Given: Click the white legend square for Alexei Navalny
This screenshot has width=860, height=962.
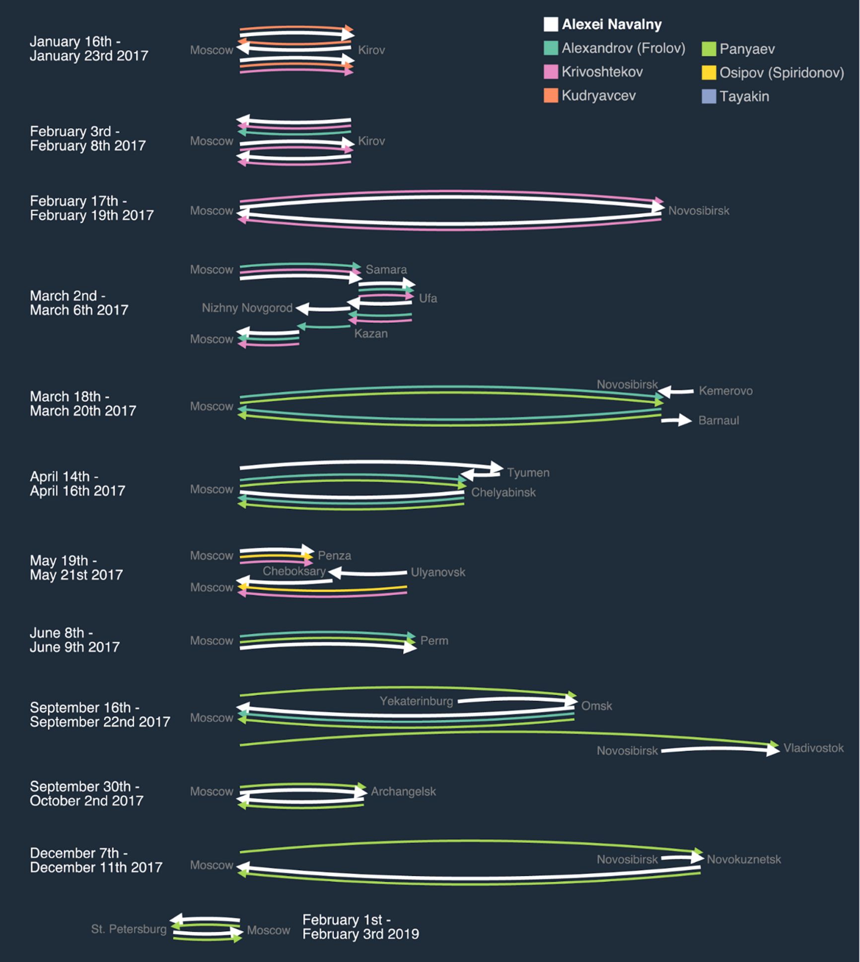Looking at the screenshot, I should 551,24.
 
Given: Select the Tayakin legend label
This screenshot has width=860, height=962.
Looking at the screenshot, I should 744,96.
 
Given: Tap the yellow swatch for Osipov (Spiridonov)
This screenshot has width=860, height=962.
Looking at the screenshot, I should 709,73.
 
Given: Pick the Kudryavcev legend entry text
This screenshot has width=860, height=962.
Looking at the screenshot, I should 598,96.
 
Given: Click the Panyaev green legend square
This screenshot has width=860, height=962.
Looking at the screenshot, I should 709,49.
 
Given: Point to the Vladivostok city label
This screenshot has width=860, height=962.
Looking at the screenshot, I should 813,748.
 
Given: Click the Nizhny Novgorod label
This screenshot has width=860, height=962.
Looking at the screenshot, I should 247,308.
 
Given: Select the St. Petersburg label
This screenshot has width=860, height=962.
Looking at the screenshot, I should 129,929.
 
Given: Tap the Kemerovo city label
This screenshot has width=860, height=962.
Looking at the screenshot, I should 725,391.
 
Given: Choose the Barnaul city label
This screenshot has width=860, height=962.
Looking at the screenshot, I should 718,420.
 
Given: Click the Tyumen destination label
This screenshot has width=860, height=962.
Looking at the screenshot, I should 528,472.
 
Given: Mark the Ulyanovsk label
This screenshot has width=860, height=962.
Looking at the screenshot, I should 438,572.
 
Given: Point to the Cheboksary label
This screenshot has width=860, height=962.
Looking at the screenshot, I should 294,571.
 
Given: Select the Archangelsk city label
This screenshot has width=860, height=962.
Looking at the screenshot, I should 403,791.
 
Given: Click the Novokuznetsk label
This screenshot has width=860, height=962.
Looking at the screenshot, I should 744,859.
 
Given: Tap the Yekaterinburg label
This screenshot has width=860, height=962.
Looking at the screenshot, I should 416,701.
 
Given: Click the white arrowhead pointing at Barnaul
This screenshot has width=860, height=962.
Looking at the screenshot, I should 686,420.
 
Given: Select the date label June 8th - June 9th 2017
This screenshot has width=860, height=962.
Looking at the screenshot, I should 74,640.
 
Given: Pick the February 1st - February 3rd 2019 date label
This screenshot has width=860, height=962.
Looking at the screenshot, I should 360,927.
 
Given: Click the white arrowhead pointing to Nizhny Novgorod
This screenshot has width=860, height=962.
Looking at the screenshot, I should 302,308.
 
